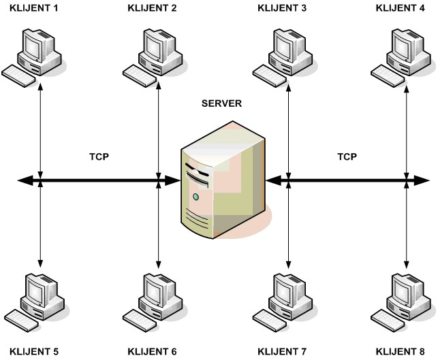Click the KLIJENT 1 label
coord(33,8)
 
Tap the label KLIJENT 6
coord(152,352)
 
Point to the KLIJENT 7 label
coord(283,352)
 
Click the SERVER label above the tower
coord(221,103)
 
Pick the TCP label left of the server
coord(99,157)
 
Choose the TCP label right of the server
coord(347,157)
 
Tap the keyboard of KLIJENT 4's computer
coord(388,76)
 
